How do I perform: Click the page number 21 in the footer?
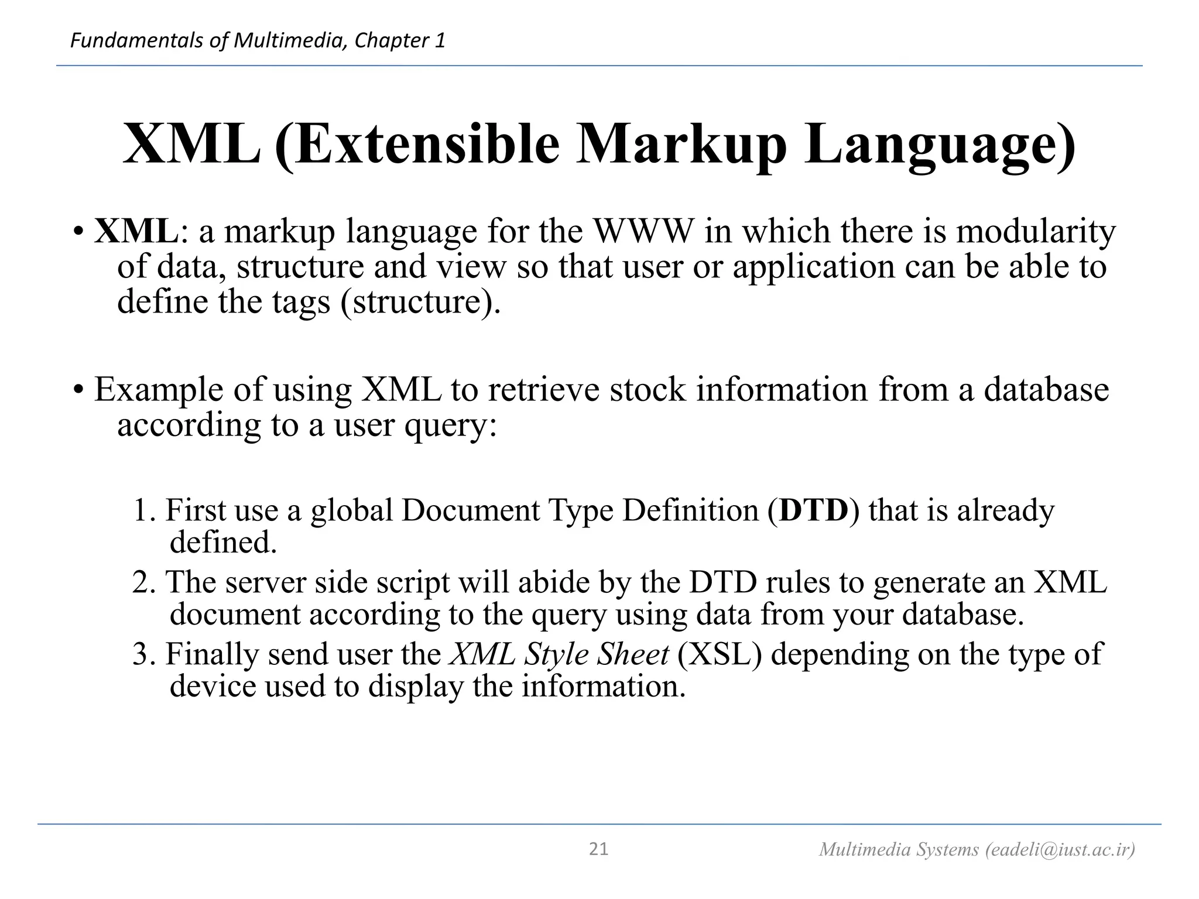click(x=598, y=849)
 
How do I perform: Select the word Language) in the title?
click(x=940, y=145)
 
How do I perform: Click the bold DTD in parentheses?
click(x=814, y=510)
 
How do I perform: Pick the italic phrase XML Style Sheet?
click(x=560, y=654)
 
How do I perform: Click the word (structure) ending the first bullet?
click(x=420, y=303)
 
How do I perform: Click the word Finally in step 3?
click(x=212, y=654)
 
